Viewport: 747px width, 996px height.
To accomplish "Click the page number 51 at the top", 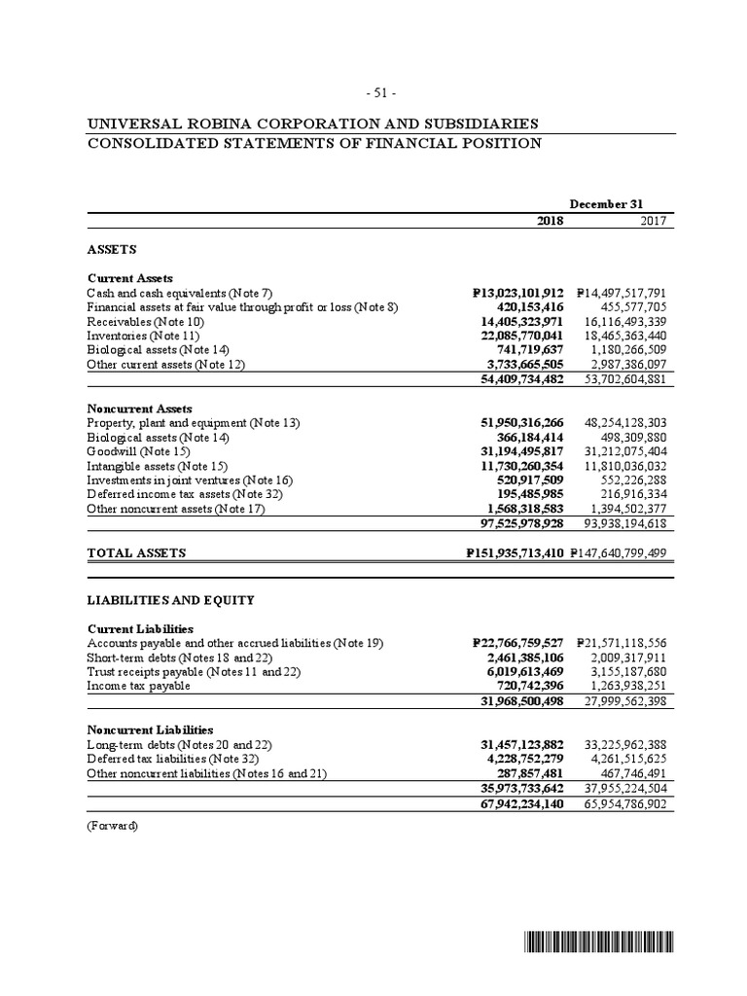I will (x=380, y=92).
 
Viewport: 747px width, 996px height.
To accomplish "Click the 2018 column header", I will (x=551, y=221).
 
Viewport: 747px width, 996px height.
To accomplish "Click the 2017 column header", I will (x=653, y=221).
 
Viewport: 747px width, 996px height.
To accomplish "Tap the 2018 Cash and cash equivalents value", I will (x=516, y=293).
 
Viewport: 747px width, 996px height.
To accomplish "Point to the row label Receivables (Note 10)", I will (x=146, y=320).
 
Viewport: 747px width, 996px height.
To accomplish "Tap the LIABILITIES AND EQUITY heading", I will (x=170, y=600).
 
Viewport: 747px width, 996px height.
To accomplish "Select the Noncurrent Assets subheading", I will (x=139, y=409).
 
